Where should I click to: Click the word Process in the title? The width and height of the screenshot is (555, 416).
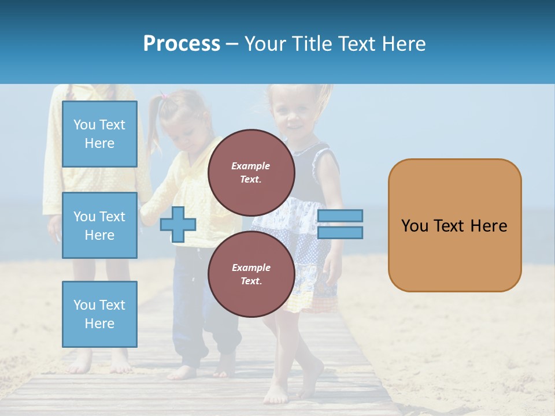tap(182, 44)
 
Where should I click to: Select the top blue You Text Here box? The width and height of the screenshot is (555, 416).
tap(99, 134)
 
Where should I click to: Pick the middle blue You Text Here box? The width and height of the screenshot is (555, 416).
tap(99, 225)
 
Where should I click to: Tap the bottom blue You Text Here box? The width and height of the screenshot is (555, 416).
tap(99, 314)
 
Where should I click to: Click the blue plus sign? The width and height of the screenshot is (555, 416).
tap(178, 224)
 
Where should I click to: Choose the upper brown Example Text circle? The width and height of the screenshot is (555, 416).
tap(251, 173)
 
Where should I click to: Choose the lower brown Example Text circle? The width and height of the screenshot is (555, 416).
tap(251, 274)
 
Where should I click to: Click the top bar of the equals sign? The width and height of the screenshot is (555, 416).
tap(340, 216)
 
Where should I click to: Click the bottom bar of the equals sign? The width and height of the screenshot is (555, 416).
tap(340, 233)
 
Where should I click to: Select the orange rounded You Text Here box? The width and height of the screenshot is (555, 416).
tap(454, 225)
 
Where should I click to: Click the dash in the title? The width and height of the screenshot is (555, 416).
tap(232, 44)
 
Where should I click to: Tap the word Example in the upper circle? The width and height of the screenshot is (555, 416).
tap(251, 166)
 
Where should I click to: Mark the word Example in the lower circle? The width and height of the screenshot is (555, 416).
tap(251, 268)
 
